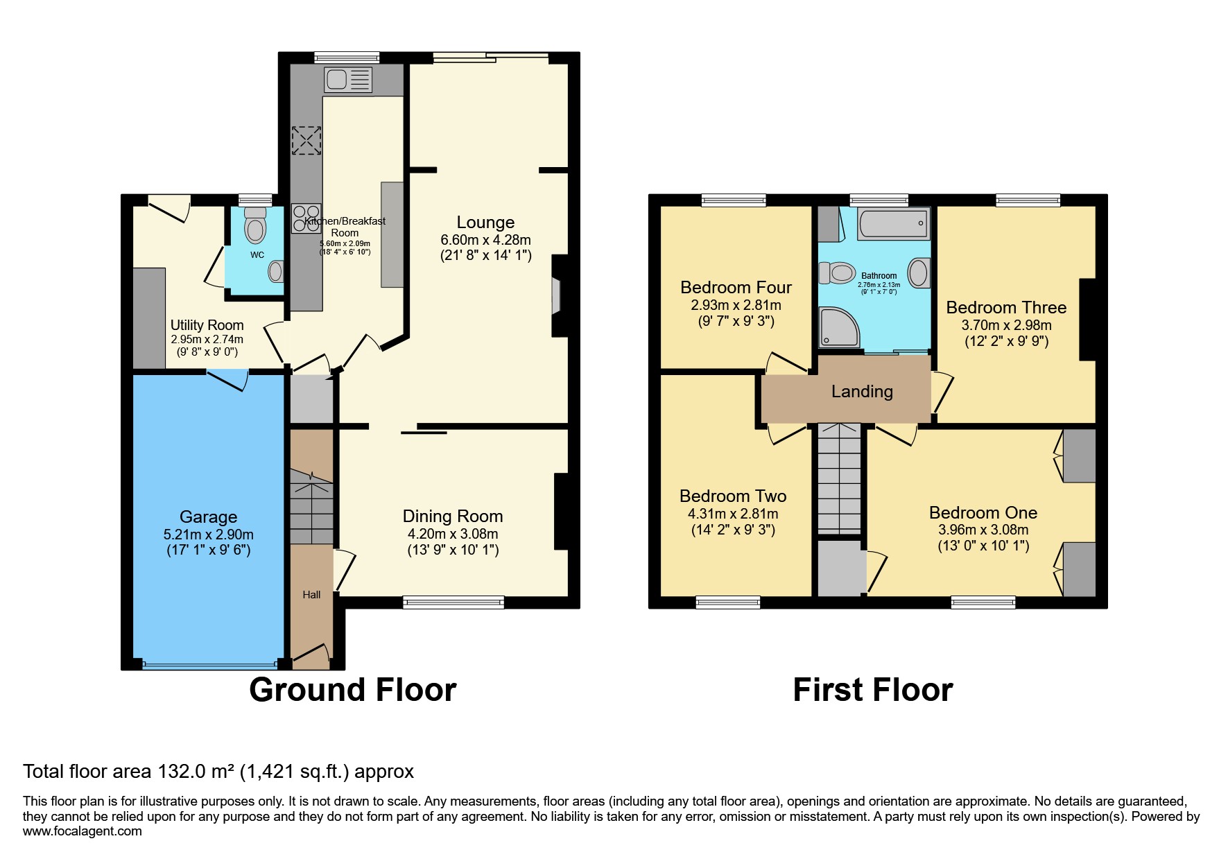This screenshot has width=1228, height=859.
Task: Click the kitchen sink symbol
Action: point(348,80)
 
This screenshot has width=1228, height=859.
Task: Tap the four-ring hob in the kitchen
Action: point(306,218)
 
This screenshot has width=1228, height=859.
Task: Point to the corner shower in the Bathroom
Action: point(838,327)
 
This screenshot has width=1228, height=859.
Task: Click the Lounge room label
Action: point(485,223)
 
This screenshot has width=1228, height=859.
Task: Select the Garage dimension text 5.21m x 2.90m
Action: point(208,535)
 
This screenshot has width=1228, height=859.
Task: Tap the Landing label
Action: point(862,392)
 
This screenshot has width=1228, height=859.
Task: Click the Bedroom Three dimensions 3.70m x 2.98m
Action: point(1006,325)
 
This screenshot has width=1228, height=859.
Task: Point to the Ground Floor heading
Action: point(352,690)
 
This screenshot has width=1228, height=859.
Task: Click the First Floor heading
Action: point(872,690)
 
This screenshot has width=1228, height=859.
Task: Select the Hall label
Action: point(311,595)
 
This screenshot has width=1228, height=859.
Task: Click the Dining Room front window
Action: point(453,602)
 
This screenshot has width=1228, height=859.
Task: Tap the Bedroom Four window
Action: point(734,200)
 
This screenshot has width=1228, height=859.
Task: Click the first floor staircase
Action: point(839,478)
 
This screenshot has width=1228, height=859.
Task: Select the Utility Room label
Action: point(207,325)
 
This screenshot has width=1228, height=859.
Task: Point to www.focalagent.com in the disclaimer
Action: point(82,831)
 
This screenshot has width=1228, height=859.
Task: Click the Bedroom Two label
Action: point(733,496)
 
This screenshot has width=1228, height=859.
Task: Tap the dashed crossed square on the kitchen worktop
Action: point(306,141)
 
